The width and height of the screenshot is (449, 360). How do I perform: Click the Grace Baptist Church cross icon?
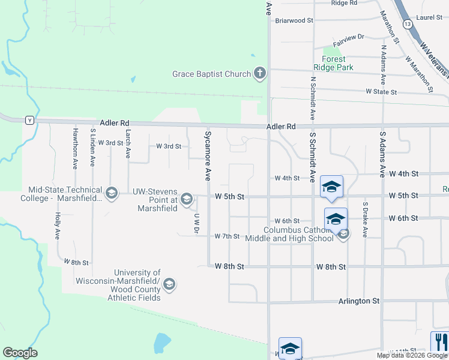(259, 74)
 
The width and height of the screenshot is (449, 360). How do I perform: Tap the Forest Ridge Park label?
(333, 64)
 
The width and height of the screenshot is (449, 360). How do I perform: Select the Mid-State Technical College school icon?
(111, 193)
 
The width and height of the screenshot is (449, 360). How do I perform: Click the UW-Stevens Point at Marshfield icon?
(186, 199)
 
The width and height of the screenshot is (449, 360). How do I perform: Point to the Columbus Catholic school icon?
(343, 234)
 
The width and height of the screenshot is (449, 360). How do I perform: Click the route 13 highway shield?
(408, 24)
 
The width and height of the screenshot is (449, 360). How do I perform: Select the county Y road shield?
(29, 121)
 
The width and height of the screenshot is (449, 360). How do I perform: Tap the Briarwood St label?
(294, 20)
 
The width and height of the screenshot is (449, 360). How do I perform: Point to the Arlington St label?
(359, 301)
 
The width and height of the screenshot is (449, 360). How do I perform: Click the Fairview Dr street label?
(348, 37)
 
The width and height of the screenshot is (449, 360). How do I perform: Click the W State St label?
(381, 92)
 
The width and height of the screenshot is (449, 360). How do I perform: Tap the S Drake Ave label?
(364, 220)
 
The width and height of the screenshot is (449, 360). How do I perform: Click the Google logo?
(20, 353)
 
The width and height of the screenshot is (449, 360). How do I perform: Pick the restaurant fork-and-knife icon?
(439, 342)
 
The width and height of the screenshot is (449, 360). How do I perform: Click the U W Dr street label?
(196, 223)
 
